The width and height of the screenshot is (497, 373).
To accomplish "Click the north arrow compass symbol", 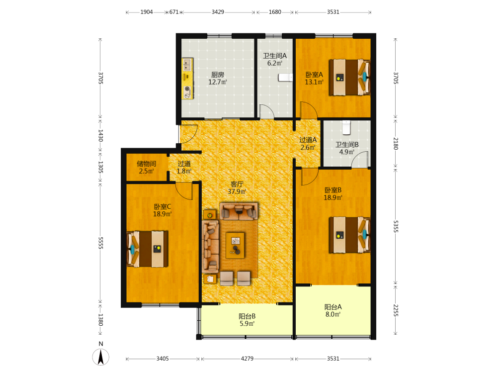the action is (x=101, y=357).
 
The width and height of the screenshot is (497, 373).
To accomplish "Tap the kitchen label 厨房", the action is (x=218, y=75).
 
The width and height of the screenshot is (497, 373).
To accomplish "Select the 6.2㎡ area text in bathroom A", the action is (x=274, y=63).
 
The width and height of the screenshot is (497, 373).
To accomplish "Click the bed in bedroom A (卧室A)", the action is (x=349, y=77).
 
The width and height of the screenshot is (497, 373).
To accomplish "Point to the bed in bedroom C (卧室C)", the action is (x=148, y=249).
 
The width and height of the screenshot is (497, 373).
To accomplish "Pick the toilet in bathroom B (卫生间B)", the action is (x=346, y=127).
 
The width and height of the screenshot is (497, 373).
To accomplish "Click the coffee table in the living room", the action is (x=235, y=245).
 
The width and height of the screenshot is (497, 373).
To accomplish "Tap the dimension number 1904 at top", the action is (x=147, y=12).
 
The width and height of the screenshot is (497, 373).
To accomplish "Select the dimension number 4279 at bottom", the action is (x=247, y=359).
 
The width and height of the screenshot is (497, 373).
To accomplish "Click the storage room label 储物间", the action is (x=147, y=164).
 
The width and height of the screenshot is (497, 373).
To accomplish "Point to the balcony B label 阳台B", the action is (x=247, y=316).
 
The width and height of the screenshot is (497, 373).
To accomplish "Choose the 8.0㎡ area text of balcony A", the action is (x=333, y=314).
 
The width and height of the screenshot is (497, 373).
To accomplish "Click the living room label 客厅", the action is (x=237, y=184).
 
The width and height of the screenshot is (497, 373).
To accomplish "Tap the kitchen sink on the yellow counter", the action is (x=187, y=65).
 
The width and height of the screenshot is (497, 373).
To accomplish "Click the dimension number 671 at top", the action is (x=174, y=12).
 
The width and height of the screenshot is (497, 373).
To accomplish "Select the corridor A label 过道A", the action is (x=308, y=140).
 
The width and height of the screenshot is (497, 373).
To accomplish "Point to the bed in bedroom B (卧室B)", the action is (x=349, y=235).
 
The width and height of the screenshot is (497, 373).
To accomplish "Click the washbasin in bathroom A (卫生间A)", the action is (x=286, y=78).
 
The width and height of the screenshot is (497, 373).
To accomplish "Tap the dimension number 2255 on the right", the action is (x=396, y=310).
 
